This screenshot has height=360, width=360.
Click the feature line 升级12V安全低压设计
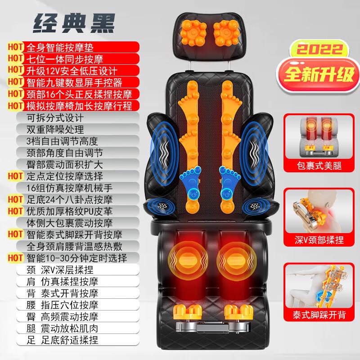click(72, 71)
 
